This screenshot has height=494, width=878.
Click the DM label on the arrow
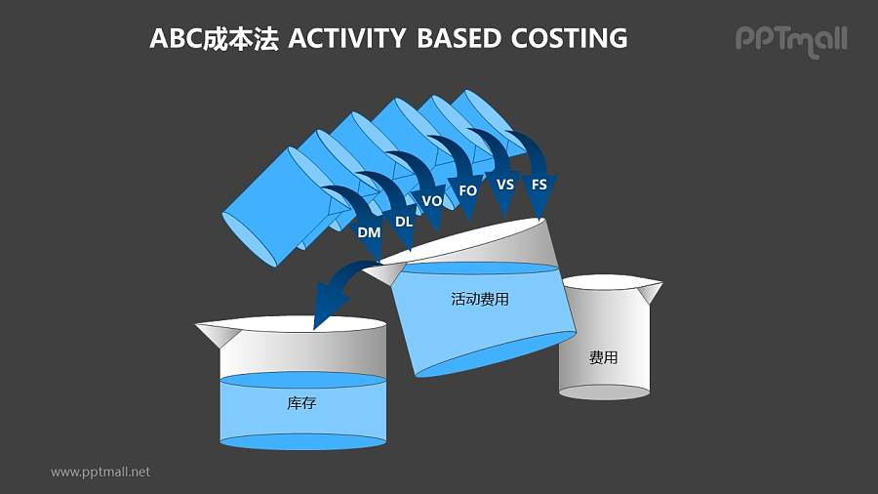pos(369,232)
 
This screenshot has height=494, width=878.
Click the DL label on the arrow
pos(404,222)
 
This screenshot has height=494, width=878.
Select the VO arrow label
pos(432,200)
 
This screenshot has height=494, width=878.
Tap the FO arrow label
pos(468,191)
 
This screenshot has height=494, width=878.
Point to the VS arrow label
pos(505,185)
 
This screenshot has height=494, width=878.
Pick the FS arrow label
pos(539,185)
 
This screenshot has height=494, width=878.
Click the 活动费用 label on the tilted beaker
pos(480,300)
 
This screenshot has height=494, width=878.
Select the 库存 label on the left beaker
pos(301,402)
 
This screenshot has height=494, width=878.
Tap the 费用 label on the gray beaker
pos(604,357)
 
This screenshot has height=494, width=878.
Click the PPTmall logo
pos(790,40)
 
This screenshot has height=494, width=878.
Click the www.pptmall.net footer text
pos(100,472)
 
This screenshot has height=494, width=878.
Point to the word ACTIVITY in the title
pos(346,38)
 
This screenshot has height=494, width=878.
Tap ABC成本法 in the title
pos(214,38)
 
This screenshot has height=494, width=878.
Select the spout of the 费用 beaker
pos(649,290)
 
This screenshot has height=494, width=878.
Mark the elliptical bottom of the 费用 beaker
pos(604,391)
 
